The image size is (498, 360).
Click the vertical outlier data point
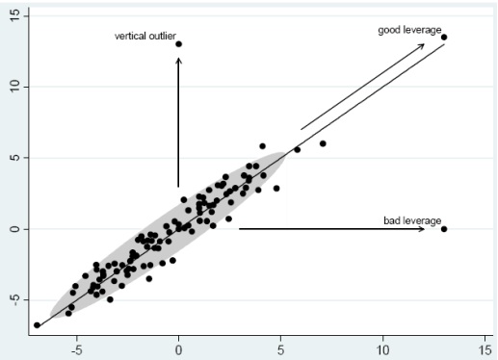[178, 44]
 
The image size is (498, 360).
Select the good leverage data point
[444, 37]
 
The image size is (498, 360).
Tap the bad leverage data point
[444, 229]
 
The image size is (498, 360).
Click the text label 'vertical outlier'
[144, 37]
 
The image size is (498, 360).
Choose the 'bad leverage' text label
[406, 221]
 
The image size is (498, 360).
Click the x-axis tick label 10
[383, 349]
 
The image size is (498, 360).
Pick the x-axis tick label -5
[76, 349]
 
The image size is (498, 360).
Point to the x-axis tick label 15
[485, 349]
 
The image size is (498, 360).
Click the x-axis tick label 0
[178, 349]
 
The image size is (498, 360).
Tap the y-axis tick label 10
[13, 87]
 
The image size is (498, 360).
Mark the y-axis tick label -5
[13, 300]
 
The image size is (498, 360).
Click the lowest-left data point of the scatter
[38, 325]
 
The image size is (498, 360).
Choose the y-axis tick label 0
[13, 229]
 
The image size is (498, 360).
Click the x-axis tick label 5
[281, 349]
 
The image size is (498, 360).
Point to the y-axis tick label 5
[13, 158]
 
